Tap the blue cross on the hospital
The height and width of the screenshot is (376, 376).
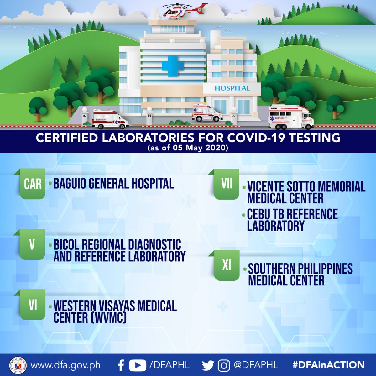pos(172,66)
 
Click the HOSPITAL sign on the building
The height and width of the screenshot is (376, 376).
pos(232,88)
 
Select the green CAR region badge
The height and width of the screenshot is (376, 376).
pos(33,184)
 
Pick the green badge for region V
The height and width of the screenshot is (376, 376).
pos(32,244)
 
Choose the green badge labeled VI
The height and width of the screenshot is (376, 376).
pos(33,305)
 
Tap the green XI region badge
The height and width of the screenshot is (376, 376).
pos(227,265)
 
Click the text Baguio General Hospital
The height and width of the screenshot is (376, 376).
pos(113,184)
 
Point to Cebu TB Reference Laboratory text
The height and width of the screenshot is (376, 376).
pos(292,220)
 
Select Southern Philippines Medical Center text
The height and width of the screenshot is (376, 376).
pos(300,274)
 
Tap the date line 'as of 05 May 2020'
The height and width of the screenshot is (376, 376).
pos(188,148)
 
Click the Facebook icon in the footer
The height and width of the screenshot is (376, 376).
pos(121,365)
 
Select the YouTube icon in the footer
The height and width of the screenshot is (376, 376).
pos(138,365)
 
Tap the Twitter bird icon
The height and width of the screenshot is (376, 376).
pos(208,365)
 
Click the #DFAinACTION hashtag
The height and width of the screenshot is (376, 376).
pos(328,365)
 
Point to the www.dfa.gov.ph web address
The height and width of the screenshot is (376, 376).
pos(65,365)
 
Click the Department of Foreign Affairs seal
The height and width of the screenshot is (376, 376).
pos(18,365)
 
